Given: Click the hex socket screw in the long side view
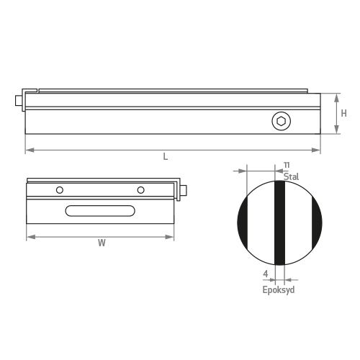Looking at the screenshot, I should (x=281, y=122).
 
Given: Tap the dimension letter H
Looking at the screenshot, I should (x=344, y=113).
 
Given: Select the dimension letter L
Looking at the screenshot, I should (x=166, y=158).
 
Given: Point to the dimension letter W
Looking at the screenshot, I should (x=102, y=243).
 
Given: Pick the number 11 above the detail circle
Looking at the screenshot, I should (x=286, y=165).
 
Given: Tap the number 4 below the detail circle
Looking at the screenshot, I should (x=266, y=274).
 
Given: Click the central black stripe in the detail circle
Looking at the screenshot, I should (x=280, y=223).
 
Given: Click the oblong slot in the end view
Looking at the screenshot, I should (x=102, y=211).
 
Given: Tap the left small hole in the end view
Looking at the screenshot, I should (x=60, y=190).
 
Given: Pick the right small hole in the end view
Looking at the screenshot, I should (x=141, y=190).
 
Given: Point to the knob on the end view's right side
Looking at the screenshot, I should (x=184, y=191).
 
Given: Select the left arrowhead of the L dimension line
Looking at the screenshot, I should (x=28, y=150).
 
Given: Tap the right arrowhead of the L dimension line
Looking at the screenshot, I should (x=318, y=150).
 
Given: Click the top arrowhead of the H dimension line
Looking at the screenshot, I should (x=336, y=96).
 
